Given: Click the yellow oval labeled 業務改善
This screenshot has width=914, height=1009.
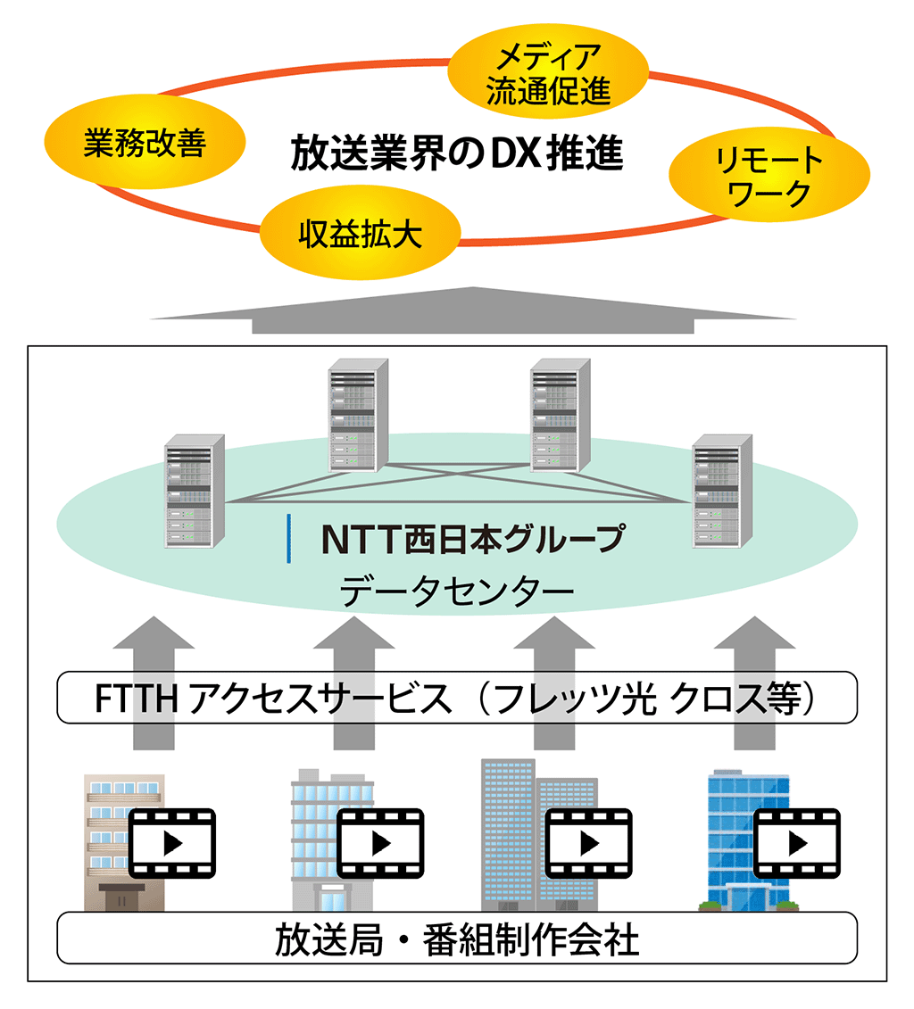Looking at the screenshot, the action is pos(145,142).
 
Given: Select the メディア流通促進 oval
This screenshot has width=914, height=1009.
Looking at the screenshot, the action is pos(548,71).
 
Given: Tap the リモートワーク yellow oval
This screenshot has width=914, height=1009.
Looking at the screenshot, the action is pos(769,174).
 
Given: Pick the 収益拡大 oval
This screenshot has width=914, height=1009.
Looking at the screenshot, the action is pos(361,232).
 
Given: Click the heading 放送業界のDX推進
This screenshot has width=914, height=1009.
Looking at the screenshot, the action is pos(457,153).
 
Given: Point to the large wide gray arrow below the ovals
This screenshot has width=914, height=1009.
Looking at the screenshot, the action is pos(473,310).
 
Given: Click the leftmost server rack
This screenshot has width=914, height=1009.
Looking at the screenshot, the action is pos(195,492).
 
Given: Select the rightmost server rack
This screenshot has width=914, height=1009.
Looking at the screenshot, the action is pos(722,492).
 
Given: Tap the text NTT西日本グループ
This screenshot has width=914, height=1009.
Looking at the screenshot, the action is pos(473,539).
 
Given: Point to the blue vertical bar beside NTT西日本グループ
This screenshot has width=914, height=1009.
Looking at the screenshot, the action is pos(288,539).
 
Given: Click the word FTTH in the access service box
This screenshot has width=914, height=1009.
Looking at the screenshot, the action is pos(136,699).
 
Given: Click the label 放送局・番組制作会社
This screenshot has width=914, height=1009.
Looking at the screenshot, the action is pos(457,939).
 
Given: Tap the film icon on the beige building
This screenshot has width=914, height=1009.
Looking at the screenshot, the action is pos(172,843).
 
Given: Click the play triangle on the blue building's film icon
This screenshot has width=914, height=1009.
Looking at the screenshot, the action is pos(798,843).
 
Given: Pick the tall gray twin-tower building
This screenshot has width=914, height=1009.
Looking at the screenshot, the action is pos(539,835).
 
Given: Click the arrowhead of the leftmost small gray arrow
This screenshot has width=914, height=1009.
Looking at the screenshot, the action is pos(154,632).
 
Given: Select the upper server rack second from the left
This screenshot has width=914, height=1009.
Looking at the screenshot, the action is pos(359,416).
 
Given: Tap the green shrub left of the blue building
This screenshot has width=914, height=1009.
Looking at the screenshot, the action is pos(709,906).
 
